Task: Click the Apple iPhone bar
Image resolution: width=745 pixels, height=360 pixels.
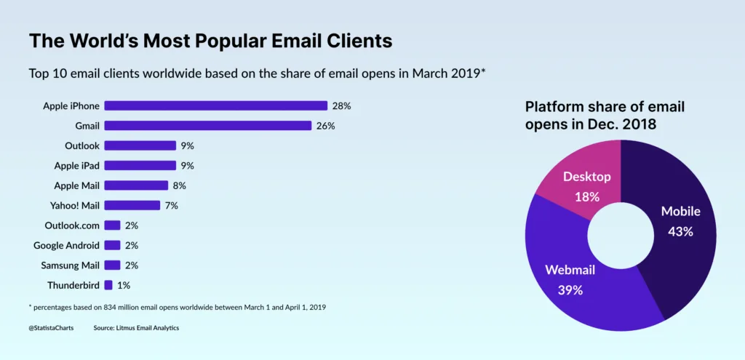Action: click(x=216, y=105)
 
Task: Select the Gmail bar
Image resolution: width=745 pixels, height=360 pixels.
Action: click(x=208, y=125)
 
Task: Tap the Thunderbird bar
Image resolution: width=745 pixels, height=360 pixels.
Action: click(x=108, y=285)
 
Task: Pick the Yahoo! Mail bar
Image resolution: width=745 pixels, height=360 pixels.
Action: click(x=132, y=205)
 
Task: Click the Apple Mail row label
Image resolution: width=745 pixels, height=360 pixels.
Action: click(x=76, y=185)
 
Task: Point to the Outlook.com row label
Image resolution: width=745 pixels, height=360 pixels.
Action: click(x=72, y=225)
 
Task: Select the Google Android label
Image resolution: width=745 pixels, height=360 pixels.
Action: click(x=66, y=245)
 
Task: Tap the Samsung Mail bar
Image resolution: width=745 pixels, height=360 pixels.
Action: click(x=112, y=265)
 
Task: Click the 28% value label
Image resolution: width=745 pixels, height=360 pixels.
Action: click(x=341, y=105)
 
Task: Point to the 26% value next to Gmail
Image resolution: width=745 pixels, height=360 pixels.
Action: click(x=325, y=125)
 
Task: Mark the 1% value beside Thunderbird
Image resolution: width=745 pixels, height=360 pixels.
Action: click(x=124, y=285)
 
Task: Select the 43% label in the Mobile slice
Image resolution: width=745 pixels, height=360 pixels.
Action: click(x=680, y=231)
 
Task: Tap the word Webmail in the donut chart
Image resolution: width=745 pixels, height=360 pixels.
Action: click(x=570, y=271)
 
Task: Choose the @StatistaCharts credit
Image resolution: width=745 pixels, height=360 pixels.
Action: click(x=51, y=328)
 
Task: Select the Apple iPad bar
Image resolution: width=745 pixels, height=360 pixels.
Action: click(x=140, y=165)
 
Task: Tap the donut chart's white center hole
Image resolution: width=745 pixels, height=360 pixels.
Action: click(x=621, y=236)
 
